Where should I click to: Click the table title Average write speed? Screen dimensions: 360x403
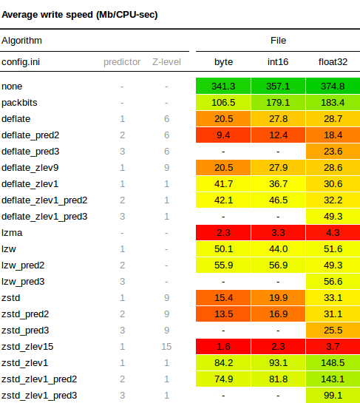(x=80, y=15)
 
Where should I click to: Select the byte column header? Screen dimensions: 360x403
(x=223, y=62)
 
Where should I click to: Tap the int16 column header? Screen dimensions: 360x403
(x=278, y=62)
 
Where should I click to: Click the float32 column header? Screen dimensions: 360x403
(x=333, y=62)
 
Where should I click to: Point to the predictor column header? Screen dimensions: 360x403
(x=122, y=62)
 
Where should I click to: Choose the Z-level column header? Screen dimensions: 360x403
(x=166, y=62)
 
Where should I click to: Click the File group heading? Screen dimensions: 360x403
(x=278, y=41)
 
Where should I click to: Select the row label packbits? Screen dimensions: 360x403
(x=19, y=103)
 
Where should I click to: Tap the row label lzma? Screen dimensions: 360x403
(x=12, y=233)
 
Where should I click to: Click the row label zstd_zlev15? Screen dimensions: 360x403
(x=27, y=347)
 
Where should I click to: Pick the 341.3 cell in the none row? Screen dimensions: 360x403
(x=223, y=86)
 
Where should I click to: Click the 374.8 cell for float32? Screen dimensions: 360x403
(x=333, y=86)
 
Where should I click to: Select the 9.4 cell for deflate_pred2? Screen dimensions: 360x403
(x=223, y=135)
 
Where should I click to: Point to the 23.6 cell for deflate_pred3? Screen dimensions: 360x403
(x=333, y=151)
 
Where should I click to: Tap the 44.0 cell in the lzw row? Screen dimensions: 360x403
(x=278, y=248)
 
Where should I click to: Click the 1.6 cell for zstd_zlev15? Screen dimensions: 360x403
(x=223, y=347)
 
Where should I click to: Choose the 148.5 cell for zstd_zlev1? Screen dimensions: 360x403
(x=333, y=362)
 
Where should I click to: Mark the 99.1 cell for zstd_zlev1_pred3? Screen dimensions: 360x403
(x=333, y=396)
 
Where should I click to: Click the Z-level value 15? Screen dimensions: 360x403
(x=166, y=347)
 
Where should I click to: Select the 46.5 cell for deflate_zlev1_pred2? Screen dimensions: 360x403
(x=278, y=200)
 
